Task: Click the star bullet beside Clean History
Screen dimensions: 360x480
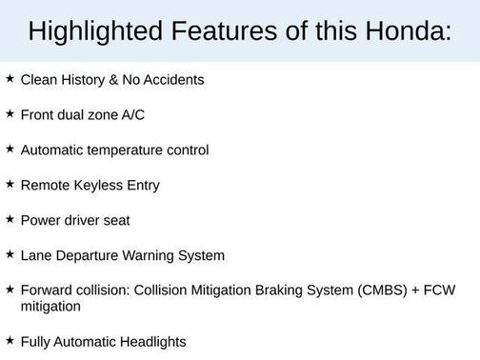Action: click(10, 78)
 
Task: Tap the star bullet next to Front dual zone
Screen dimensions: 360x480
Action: click(10, 113)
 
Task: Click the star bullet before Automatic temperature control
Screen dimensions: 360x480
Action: click(10, 149)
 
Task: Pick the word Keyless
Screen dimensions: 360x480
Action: click(100, 186)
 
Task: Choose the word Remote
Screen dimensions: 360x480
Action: click(45, 186)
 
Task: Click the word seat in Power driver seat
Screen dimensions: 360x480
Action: click(114, 221)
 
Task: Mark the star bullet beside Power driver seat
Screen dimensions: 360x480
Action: click(10, 219)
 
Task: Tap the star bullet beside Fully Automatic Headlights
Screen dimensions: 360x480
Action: click(10, 339)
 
